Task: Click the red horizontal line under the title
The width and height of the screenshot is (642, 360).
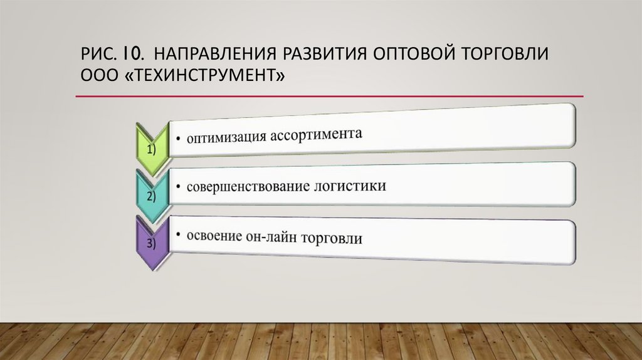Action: point(329,97)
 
